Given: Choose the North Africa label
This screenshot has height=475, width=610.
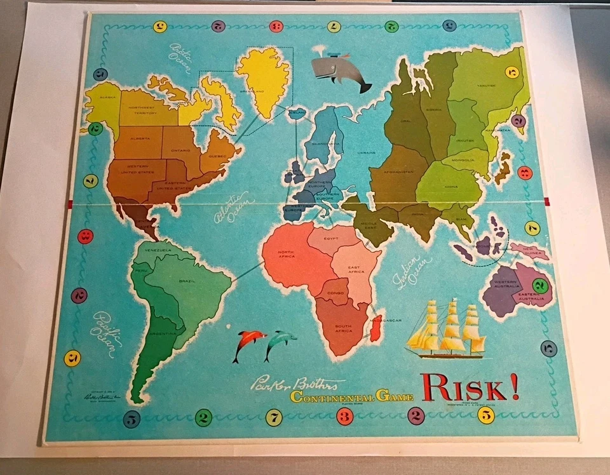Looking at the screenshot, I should pos(286,255).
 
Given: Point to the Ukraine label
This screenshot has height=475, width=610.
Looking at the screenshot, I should pos(367,152).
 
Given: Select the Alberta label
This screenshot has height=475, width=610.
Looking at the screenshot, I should pos(141,138).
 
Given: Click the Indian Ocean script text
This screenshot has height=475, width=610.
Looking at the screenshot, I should pos(409,272).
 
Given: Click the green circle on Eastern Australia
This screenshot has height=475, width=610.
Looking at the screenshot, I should pos(539,284).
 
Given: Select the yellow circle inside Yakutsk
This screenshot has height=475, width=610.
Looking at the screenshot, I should pos(512,72).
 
